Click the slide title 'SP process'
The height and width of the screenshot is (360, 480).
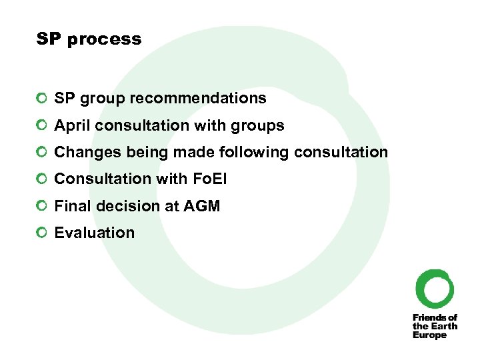tap(89, 39)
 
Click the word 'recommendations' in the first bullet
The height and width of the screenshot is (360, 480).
tap(198, 99)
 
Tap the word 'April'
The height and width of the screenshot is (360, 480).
tap(70, 125)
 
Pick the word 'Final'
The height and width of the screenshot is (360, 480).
tap(70, 206)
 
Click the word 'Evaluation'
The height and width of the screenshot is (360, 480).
tap(95, 233)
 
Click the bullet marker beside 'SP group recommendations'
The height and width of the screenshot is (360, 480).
tap(43, 99)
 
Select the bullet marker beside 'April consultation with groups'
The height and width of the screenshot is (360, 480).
tap(43, 125)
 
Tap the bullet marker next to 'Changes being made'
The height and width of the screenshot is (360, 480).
tap(43, 152)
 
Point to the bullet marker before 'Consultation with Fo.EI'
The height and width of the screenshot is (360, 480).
tap(43, 179)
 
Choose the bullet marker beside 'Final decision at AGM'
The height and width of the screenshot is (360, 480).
tap(43, 206)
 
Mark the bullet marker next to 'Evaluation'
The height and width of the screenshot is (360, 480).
tap(43, 233)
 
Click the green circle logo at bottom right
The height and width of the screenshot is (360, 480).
tap(435, 289)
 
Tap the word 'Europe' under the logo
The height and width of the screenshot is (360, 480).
tap(429, 335)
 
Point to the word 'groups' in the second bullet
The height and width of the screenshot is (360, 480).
tap(262, 125)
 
